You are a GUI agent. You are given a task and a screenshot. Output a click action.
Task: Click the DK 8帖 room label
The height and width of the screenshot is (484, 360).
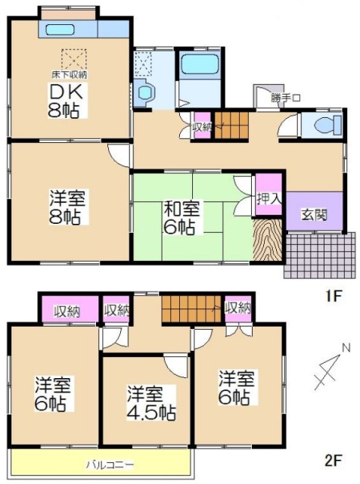66,101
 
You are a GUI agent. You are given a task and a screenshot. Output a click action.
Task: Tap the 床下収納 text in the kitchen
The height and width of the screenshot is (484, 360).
69,74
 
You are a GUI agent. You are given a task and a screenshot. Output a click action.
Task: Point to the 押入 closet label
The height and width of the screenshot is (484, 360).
269,198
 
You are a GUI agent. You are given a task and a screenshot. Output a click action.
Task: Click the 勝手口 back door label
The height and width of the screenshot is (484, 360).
286,98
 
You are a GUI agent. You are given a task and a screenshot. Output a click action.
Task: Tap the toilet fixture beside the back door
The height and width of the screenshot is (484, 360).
327,126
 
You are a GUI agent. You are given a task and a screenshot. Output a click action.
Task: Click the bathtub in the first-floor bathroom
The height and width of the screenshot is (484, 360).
200,64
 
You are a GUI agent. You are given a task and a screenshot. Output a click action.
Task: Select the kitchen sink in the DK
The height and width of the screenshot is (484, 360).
61,29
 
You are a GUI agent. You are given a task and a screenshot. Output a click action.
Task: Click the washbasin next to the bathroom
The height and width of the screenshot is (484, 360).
145,91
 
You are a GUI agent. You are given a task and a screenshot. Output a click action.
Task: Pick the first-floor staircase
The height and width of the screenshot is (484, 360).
231,126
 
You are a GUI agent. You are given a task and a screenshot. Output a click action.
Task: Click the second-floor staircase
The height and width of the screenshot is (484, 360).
191,309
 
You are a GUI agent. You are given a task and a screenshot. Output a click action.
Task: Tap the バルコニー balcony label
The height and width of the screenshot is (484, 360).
110,464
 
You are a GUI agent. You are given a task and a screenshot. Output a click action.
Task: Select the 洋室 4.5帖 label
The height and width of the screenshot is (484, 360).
151,403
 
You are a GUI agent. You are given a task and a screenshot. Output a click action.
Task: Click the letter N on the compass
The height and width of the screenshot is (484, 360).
346,349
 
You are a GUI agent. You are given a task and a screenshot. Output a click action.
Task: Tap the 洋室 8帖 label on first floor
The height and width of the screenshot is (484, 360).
67,206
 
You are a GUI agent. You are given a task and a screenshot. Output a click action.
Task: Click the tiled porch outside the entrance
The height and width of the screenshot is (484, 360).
320,255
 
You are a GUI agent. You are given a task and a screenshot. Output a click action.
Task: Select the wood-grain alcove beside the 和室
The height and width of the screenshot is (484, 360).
268,240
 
